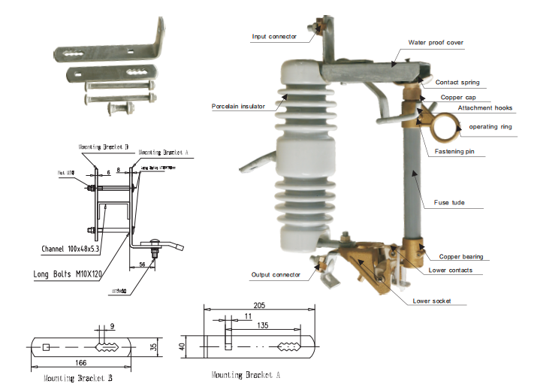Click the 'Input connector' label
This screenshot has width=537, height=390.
[x=273, y=36]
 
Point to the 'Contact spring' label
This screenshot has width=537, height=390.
[x=457, y=82]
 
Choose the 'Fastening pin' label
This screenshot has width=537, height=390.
[x=460, y=153]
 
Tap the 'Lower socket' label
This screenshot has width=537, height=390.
[x=436, y=301]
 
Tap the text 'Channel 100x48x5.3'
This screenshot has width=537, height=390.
[x=75, y=247]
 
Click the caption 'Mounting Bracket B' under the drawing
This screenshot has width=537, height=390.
[x=78, y=379]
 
